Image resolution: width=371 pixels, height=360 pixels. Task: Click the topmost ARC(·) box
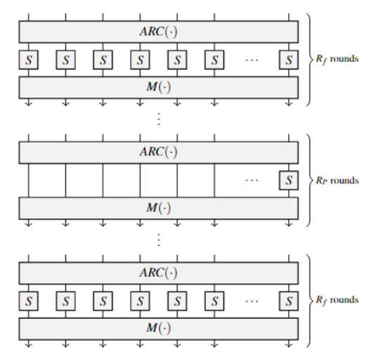[159, 32]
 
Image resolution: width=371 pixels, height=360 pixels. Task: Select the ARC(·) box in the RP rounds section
[159, 152]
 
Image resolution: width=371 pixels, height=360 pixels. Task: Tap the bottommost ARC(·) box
[159, 273]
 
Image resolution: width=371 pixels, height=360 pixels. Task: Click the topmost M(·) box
[159, 88]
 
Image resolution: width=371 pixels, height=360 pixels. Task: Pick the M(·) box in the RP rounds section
[159, 208]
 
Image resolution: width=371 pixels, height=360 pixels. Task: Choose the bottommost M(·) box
[159, 329]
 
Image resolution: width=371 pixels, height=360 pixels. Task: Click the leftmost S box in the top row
[28, 60]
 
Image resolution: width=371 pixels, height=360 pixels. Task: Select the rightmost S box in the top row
[289, 60]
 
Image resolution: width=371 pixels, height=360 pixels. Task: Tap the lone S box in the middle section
[289, 180]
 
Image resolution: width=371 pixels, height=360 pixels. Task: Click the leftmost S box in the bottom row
[28, 301]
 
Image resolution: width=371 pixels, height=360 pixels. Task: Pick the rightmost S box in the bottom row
[289, 301]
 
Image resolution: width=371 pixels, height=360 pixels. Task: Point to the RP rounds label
[337, 180]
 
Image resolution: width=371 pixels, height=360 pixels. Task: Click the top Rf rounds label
[337, 59]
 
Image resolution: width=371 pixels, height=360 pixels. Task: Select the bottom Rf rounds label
[337, 300]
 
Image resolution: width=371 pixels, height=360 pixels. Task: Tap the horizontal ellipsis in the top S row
[252, 60]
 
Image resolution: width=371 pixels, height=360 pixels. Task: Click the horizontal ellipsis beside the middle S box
[252, 180]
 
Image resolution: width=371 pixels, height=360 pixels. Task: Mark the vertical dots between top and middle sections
[159, 119]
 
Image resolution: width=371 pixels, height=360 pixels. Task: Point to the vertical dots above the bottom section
[159, 240]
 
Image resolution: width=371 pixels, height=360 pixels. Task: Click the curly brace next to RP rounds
[309, 180]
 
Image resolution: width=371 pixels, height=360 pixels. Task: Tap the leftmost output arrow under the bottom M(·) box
[28, 344]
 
